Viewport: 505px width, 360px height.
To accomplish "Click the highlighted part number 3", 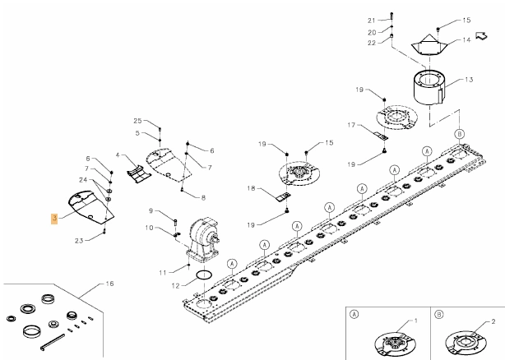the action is click(x=54, y=219).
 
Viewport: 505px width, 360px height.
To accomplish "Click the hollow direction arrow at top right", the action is click(x=481, y=35).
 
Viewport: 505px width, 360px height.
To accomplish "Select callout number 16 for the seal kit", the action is click(x=109, y=284).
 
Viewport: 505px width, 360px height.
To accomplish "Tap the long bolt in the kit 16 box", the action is click(x=53, y=342).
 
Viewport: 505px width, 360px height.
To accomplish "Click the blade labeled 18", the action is click(x=284, y=196).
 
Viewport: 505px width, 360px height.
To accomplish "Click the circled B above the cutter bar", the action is click(x=459, y=134).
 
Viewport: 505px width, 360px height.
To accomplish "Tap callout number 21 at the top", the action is click(x=372, y=21).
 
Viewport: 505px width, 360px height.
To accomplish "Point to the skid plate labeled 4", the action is click(x=138, y=174).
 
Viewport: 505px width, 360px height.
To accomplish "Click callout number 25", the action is click(x=137, y=121).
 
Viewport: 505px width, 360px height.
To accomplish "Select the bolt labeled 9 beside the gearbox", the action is click(x=175, y=222).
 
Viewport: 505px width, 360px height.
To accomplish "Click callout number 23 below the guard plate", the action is click(x=79, y=241).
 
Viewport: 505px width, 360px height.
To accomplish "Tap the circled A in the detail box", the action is click(x=354, y=314).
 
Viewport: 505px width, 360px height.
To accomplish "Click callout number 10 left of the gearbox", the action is click(x=149, y=228).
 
